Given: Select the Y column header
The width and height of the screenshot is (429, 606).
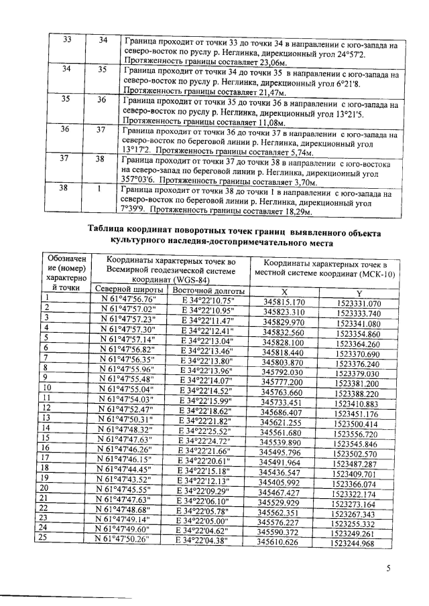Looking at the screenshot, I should tap(359, 292).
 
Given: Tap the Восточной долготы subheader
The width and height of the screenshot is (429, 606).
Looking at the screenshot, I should tap(206, 291).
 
